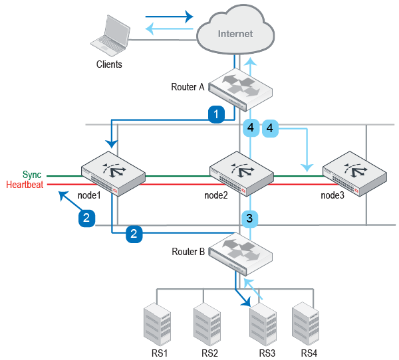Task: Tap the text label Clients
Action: tap(109, 65)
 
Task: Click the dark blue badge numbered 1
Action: tap(215, 114)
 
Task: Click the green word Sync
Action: tap(32, 175)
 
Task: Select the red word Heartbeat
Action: tap(25, 185)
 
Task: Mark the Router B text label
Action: tap(188, 252)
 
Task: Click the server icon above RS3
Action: tap(262, 324)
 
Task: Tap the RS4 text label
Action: tap(309, 353)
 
